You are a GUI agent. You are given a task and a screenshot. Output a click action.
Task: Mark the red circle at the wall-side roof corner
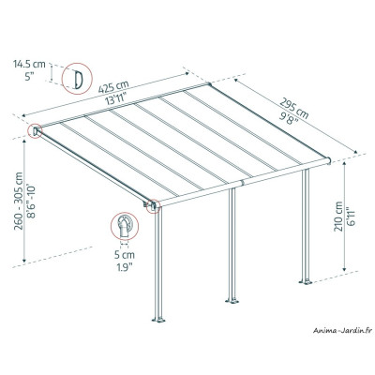(x=35, y=132)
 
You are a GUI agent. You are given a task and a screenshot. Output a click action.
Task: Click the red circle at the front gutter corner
(x=152, y=206)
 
